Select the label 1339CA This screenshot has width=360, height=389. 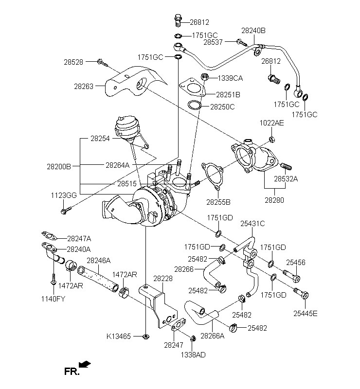coord(230,78)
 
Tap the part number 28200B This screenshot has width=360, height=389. coord(59,166)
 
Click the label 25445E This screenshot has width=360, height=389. coord(305,313)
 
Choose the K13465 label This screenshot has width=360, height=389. coord(119,336)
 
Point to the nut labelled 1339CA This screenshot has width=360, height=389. coord(205,76)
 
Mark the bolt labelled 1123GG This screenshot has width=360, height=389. coord(66,210)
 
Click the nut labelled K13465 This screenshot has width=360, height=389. coord(145,336)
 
